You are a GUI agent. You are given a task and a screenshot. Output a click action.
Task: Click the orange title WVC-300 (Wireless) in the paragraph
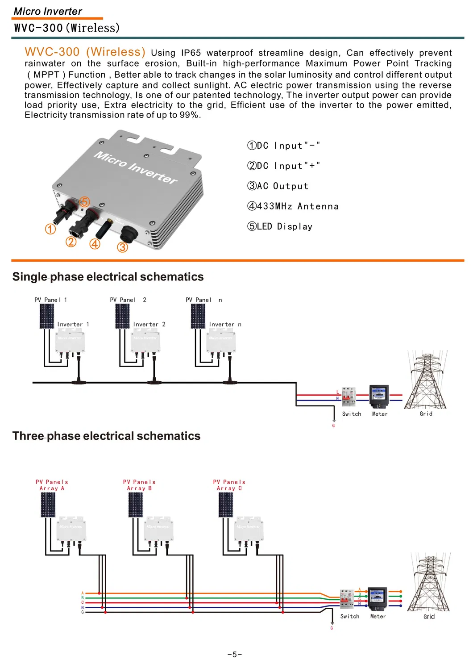pos(85,52)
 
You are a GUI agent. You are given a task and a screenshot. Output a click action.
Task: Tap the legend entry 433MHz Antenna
pos(293,206)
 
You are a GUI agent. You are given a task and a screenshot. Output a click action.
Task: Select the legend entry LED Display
pos(280,226)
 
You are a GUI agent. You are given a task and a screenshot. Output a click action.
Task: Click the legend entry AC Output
pos(278,186)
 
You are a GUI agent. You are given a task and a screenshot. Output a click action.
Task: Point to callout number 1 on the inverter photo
pos(50,229)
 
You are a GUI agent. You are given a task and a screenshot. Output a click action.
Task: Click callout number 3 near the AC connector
pos(122,247)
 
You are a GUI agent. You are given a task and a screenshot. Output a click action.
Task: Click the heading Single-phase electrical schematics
pos(108,277)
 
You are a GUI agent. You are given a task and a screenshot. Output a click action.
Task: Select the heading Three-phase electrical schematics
pos(106,436)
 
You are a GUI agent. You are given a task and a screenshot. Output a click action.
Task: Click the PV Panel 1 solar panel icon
pos(46,316)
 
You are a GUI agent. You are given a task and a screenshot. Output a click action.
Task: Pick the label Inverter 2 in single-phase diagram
pos(149,324)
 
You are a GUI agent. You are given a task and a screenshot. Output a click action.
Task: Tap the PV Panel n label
pos(203,300)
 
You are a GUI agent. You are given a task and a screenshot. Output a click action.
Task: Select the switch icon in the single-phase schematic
pos(349,396)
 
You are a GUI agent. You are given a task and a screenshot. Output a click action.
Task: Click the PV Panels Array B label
pos(139,485)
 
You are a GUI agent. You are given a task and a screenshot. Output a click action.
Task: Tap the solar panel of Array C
pos(225,505)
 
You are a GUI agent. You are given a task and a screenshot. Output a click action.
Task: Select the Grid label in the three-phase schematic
pos(429,616)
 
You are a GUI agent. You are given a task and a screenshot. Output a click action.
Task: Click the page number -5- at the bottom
pos(234,654)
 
